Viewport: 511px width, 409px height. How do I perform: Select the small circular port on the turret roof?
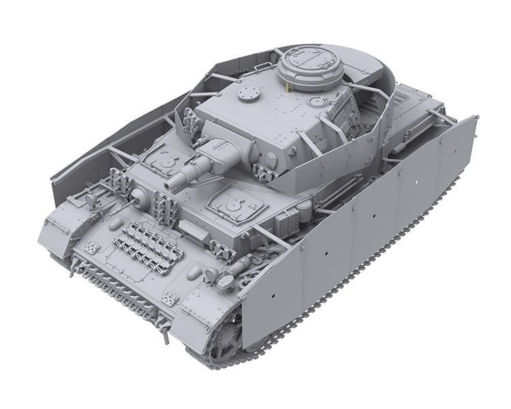pyautogui.click(x=317, y=102)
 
